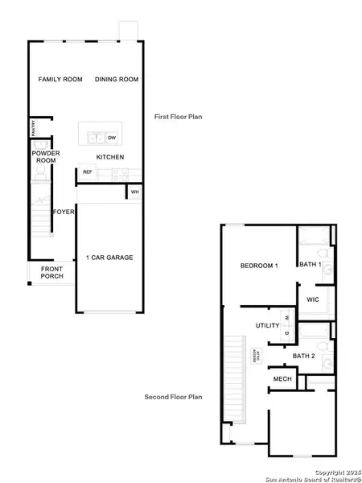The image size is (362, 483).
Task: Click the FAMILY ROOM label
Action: (57, 79)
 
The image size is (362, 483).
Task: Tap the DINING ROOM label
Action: (117, 79)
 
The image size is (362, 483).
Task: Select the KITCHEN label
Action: (109, 157)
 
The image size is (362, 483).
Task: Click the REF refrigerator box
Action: (87, 172)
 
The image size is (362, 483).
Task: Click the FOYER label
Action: (64, 212)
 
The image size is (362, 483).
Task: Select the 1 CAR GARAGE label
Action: (109, 258)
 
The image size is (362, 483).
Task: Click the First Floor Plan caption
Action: (178, 117)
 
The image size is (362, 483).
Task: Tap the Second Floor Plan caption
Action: (172, 397)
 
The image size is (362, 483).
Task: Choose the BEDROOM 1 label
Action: (259, 266)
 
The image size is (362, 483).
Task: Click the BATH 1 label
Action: (311, 264)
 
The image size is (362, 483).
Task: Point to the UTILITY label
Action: (267, 326)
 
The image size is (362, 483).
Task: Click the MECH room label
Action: (282, 378)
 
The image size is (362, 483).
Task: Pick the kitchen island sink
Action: (97, 138)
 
